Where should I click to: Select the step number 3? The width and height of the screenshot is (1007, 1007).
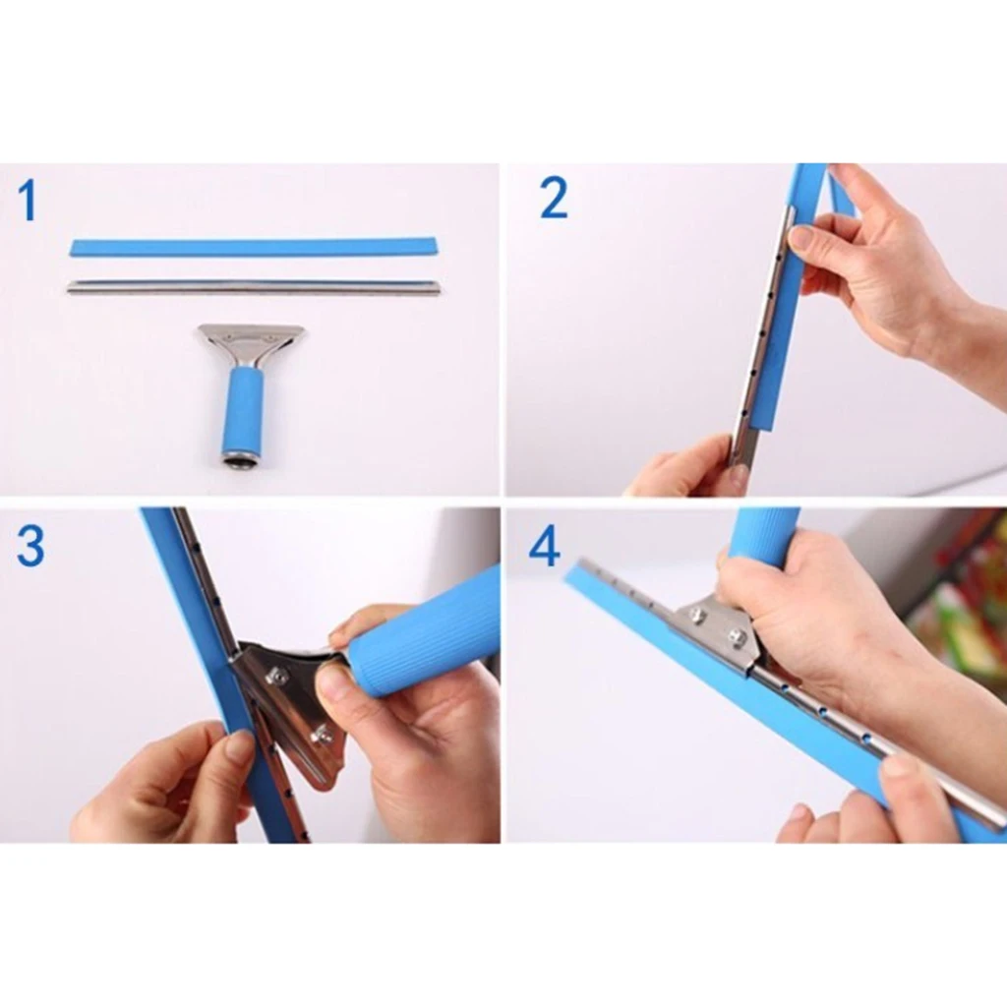click(x=30, y=547)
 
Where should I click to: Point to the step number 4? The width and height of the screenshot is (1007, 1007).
click(x=544, y=547)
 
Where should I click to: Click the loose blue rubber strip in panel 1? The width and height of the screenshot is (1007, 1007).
click(x=254, y=246)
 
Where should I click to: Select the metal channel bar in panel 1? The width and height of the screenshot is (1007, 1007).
click(x=254, y=287)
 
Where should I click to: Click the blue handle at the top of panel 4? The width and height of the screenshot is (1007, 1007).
click(x=763, y=536)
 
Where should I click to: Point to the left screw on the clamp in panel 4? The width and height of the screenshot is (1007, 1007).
click(x=698, y=616)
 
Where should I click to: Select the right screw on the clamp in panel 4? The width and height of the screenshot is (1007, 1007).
click(x=737, y=636)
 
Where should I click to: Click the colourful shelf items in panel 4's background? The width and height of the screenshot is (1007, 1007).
click(x=959, y=600)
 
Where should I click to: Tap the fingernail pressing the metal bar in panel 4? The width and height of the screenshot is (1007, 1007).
click(x=898, y=764)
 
